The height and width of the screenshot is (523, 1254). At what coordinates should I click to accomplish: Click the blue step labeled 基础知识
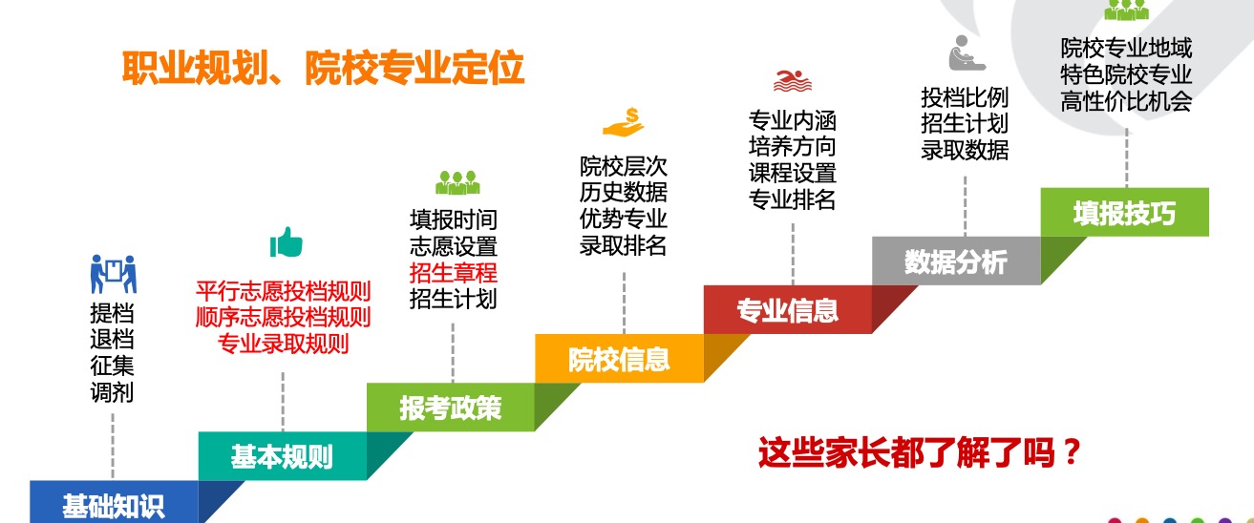(x=114, y=502)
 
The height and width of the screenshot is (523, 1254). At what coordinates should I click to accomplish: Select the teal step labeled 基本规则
(x=282, y=456)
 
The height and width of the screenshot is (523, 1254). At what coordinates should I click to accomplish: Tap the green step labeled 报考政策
(x=451, y=408)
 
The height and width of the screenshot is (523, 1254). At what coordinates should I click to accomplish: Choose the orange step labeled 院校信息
(x=619, y=359)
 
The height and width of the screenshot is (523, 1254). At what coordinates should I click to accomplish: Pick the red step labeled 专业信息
(x=788, y=309)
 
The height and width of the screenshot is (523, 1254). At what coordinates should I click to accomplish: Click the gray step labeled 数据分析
(x=956, y=261)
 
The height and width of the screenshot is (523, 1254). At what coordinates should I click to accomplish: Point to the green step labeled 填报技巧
(x=1125, y=212)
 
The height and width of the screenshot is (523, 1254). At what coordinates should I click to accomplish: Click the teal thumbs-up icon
(x=287, y=242)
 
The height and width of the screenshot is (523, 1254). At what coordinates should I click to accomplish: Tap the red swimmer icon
(x=792, y=80)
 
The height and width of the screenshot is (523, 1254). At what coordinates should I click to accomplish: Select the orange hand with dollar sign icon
(x=624, y=122)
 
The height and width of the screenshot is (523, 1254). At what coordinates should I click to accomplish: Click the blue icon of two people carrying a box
(x=114, y=274)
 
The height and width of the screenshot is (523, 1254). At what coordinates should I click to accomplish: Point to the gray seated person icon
(x=967, y=53)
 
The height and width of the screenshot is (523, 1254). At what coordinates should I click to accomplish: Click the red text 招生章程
(x=454, y=273)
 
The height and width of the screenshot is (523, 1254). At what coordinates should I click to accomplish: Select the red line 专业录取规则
(x=284, y=344)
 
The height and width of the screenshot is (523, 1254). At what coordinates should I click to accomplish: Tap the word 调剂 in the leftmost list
(x=112, y=391)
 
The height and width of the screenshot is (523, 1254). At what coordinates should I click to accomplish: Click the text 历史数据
(x=623, y=192)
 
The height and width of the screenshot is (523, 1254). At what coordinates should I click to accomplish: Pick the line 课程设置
(x=792, y=173)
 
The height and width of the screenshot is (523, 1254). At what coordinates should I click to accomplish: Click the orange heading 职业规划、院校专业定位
(x=323, y=69)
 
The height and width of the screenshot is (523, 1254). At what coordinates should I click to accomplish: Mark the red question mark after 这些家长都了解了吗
(x=1072, y=452)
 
